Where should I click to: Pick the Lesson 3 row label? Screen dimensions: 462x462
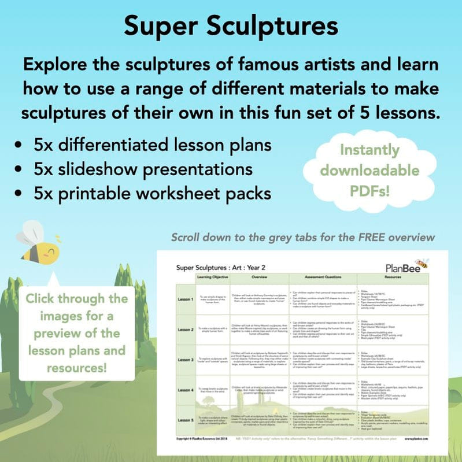186,359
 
